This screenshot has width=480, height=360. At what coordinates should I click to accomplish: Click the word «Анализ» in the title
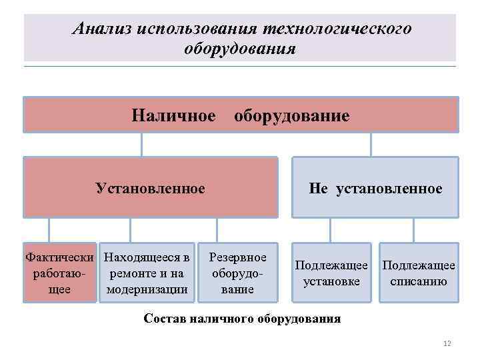[x=101, y=29]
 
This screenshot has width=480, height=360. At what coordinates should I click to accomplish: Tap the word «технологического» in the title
[x=338, y=29]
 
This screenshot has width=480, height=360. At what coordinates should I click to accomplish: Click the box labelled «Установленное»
[x=150, y=187]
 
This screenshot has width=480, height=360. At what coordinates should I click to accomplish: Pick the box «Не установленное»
[x=375, y=187]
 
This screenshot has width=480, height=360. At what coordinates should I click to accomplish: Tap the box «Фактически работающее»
[x=59, y=273]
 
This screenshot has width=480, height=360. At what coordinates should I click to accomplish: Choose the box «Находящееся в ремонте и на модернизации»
[x=147, y=273]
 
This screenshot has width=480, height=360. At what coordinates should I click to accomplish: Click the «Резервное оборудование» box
[x=238, y=273]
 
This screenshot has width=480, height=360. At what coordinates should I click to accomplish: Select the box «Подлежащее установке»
[x=331, y=273]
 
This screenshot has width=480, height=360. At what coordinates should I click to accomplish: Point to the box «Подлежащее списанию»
[x=419, y=273]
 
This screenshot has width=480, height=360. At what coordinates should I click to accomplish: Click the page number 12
[x=447, y=343]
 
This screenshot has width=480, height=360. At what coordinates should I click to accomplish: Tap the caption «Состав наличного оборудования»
[x=242, y=318]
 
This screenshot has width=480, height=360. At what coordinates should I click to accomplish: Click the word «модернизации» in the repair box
[x=147, y=289]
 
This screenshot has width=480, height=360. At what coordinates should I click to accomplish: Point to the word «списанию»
[x=419, y=281]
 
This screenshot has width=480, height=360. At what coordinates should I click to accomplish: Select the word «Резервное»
[x=238, y=257]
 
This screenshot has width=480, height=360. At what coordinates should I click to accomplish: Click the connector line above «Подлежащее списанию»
[x=414, y=230]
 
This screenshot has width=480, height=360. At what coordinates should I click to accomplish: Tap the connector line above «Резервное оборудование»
[x=217, y=230]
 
